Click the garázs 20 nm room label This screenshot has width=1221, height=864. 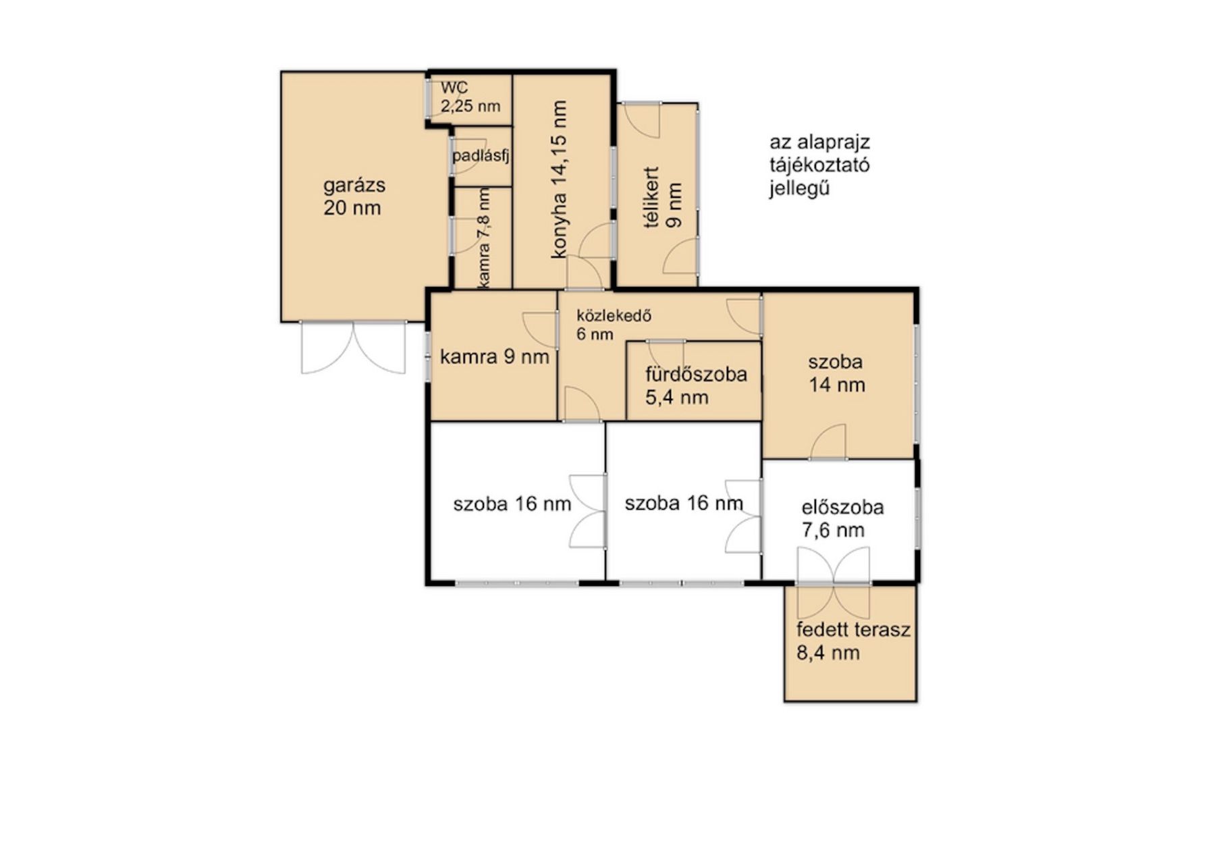(x=353, y=196)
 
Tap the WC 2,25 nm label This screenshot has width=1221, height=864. (x=470, y=97)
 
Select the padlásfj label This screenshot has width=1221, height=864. (x=480, y=157)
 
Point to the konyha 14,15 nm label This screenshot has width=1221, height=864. (x=559, y=180)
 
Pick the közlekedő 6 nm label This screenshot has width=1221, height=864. (x=614, y=325)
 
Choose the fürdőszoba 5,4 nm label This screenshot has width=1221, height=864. (x=696, y=385)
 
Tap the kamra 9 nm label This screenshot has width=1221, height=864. (x=494, y=356)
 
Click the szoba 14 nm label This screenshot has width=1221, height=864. (x=836, y=373)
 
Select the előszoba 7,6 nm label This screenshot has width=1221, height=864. (x=842, y=518)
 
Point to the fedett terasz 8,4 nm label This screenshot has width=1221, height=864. (x=853, y=641)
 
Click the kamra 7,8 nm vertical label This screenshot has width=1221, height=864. (x=483, y=238)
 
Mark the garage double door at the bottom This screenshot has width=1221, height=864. (x=353, y=347)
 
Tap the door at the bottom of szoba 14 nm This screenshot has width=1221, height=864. (x=827, y=442)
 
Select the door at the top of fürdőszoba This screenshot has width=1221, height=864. (x=666, y=354)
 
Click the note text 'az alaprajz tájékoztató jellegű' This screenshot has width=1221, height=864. (x=819, y=165)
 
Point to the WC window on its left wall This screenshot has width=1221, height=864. (x=428, y=99)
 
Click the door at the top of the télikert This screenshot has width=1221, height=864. (x=641, y=121)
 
